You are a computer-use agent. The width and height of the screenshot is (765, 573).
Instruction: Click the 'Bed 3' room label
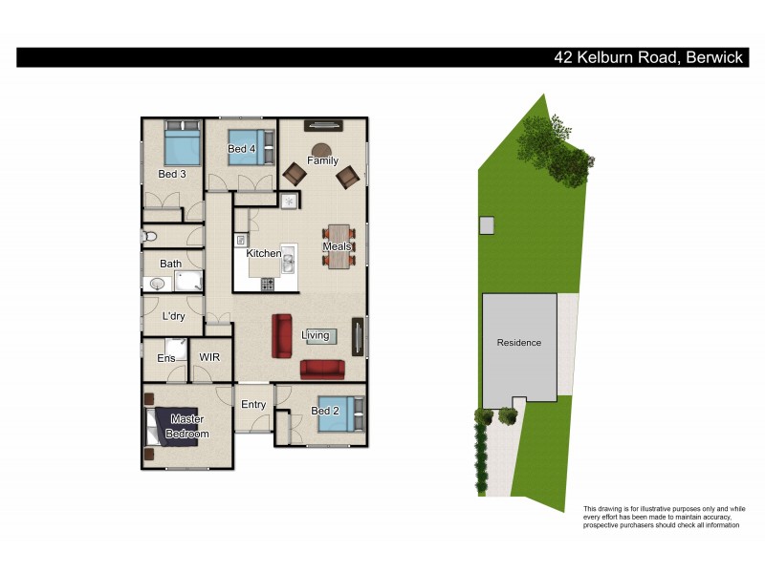(171, 174)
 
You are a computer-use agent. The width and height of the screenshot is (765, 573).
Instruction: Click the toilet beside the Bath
(149, 236)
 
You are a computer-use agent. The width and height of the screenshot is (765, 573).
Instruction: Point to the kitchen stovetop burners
(268, 284)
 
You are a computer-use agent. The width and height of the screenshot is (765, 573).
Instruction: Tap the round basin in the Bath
(155, 283)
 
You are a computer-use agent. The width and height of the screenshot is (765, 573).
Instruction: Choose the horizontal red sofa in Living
(322, 369)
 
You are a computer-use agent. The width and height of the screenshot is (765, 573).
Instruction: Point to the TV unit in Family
(323, 124)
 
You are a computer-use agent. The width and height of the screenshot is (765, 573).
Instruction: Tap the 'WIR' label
(209, 358)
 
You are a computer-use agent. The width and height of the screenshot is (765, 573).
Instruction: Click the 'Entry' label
(253, 405)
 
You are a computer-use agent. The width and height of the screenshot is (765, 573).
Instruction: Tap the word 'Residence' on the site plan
(519, 343)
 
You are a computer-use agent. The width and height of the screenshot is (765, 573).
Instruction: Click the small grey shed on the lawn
(487, 225)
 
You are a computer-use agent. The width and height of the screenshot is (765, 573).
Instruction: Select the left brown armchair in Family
(294, 174)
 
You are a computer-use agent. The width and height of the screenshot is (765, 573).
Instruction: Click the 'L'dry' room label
(173, 316)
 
